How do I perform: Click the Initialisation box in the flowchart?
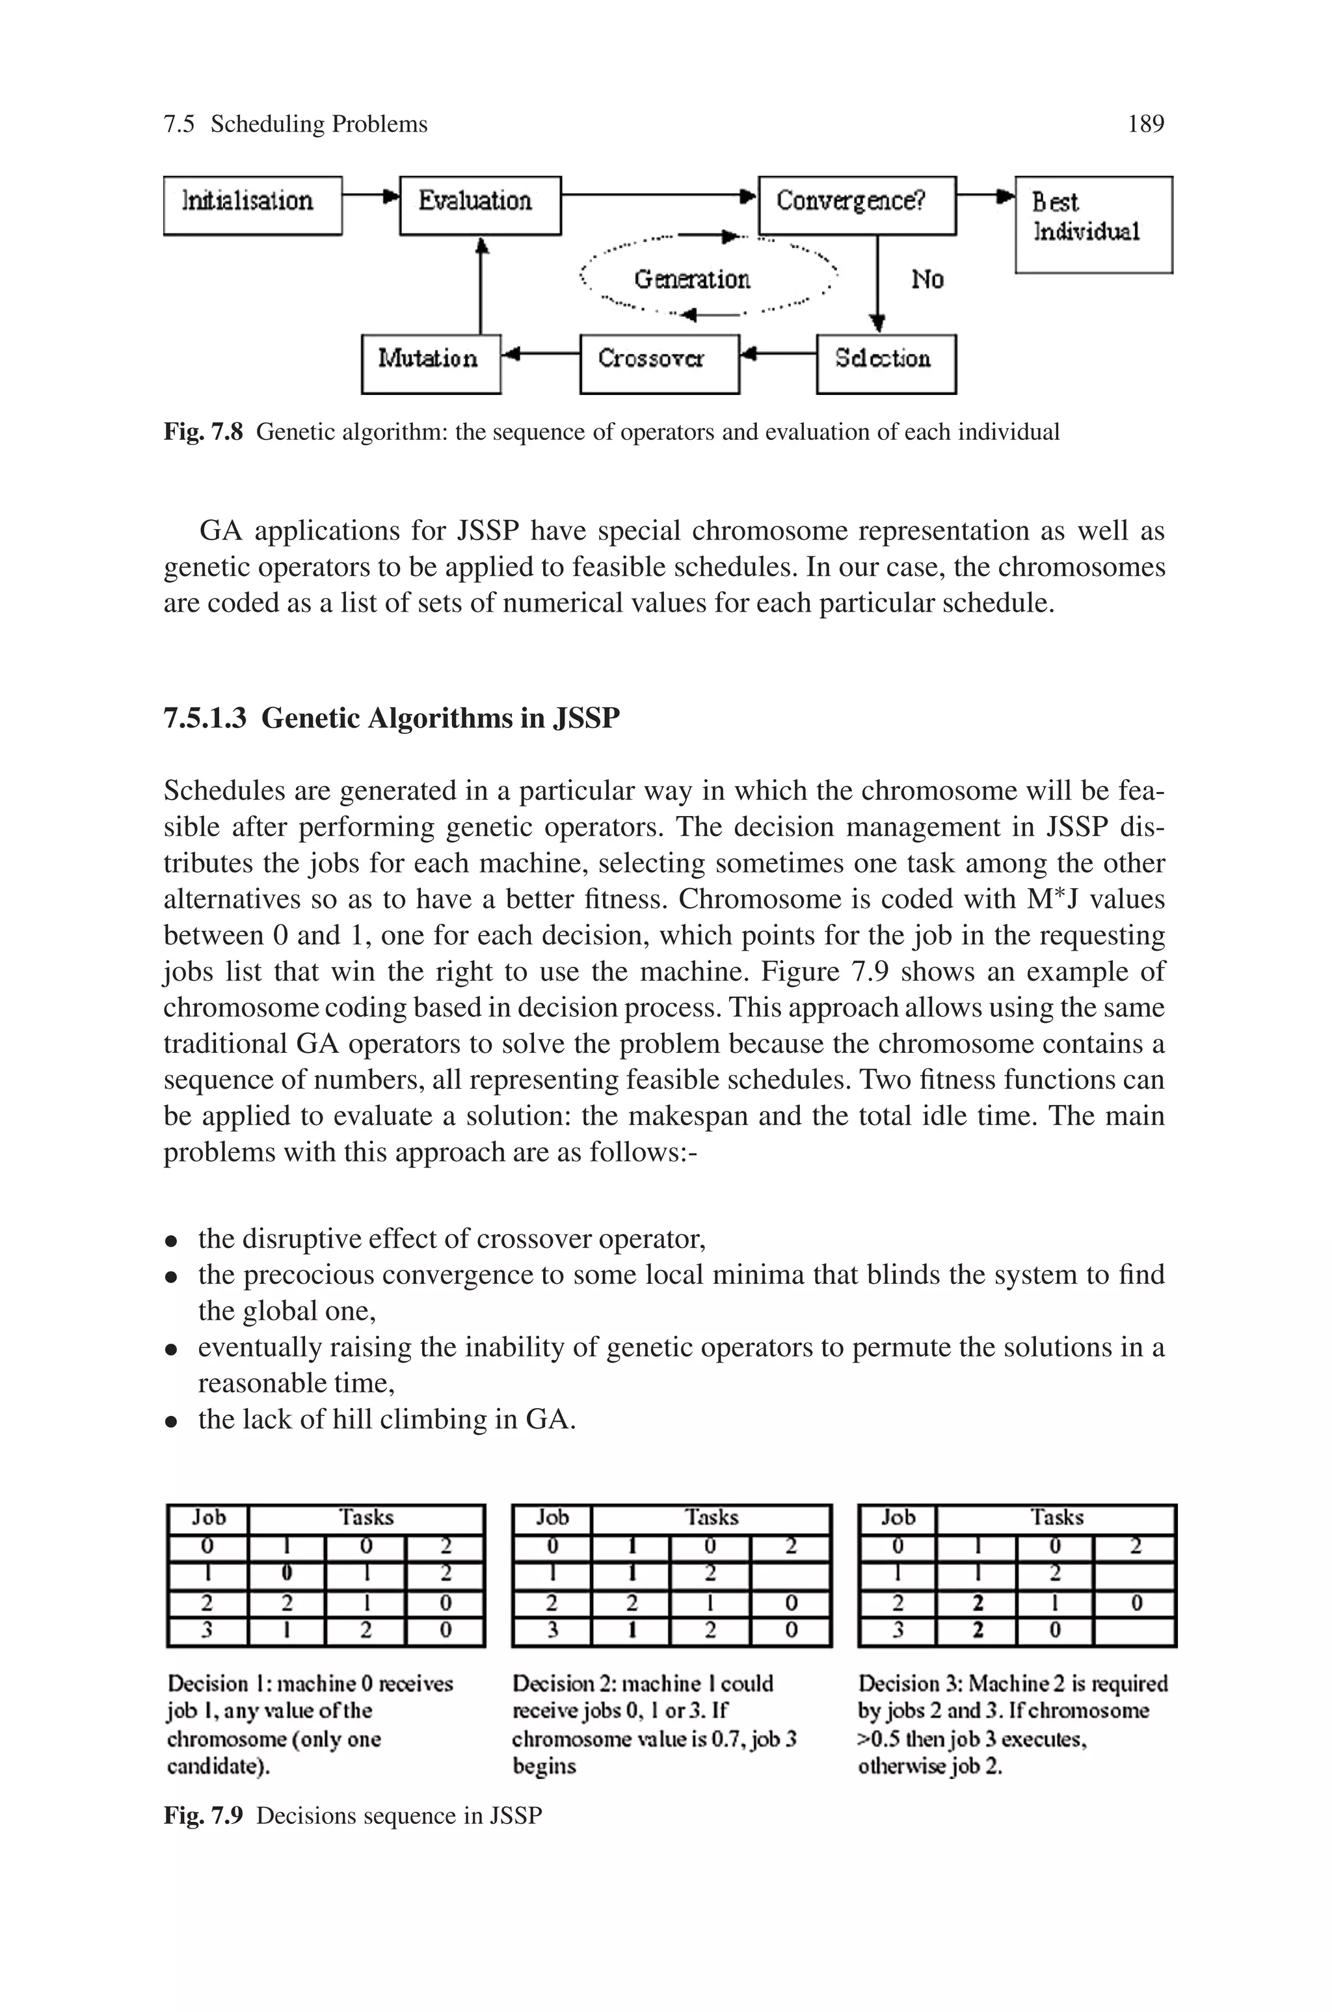[252, 205]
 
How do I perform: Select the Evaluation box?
[480, 205]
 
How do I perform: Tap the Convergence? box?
[857, 205]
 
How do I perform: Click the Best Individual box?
[1093, 224]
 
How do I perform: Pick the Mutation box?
[431, 363]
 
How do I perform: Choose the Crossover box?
[659, 363]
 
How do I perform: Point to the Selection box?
[885, 363]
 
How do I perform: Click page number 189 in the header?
[1145, 125]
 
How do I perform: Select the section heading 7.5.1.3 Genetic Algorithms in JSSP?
[392, 719]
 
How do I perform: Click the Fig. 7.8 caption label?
[203, 433]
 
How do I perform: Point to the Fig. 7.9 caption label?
[203, 1815]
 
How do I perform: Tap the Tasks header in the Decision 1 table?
[366, 1517]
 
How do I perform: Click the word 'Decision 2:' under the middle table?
[554, 1683]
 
